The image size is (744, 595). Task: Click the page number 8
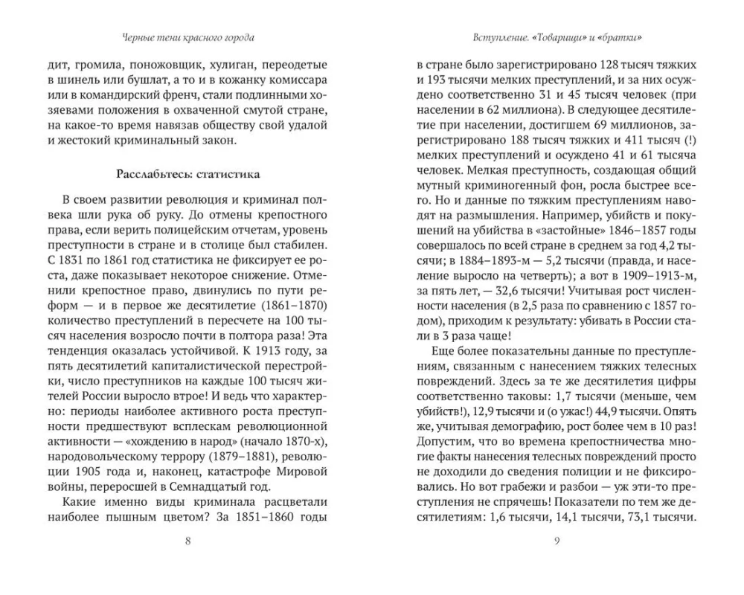click(187, 541)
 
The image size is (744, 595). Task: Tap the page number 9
click(557, 541)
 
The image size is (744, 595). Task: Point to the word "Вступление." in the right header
click(502, 37)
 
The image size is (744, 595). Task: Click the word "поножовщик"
click(147, 65)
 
